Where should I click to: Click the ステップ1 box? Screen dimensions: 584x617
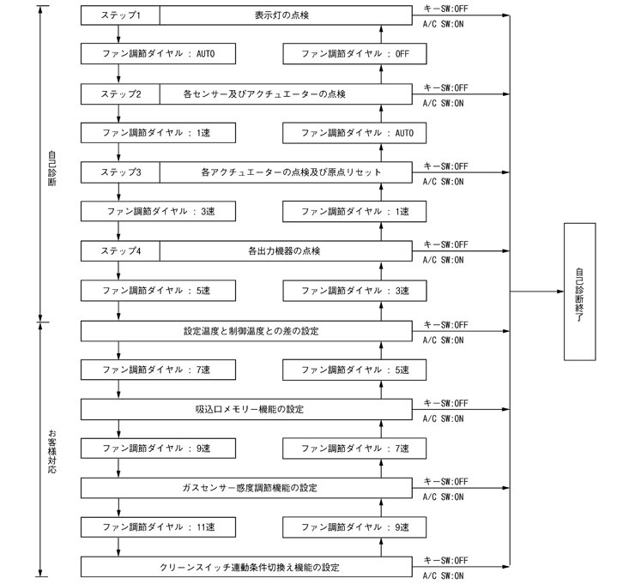click(x=120, y=15)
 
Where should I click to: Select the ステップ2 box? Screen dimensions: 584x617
click(x=120, y=93)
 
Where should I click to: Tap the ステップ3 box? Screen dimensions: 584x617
click(x=120, y=172)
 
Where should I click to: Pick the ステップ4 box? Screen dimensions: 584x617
click(x=120, y=251)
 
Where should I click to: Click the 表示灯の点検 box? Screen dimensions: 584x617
click(x=287, y=15)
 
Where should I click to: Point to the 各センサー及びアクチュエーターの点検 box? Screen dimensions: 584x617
click(x=287, y=93)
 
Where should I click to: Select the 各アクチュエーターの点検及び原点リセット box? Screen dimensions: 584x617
click(x=287, y=172)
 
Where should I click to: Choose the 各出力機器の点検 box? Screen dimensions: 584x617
click(x=287, y=251)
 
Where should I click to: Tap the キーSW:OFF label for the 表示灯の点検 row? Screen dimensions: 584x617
click(x=445, y=9)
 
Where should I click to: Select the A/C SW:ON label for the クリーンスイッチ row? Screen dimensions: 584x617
click(x=443, y=575)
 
